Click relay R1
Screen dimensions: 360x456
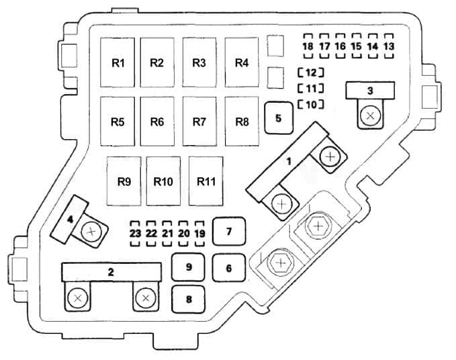pos(119,62)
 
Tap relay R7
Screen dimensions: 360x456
pos(199,122)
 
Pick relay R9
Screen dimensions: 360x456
pos(124,181)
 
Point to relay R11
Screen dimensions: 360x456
pos(206,181)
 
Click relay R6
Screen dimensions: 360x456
pos(158,122)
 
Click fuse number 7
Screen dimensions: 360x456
pos(228,232)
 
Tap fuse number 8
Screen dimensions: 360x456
pos(189,300)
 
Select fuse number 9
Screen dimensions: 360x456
pos(189,267)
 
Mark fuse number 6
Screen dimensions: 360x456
pos(228,268)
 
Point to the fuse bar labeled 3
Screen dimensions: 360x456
pos(369,90)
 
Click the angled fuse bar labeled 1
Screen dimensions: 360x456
pos(289,161)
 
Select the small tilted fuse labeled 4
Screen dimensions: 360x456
pos(69,219)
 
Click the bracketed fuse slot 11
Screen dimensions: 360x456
pos(311,88)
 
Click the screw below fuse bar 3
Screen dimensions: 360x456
pos(369,116)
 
